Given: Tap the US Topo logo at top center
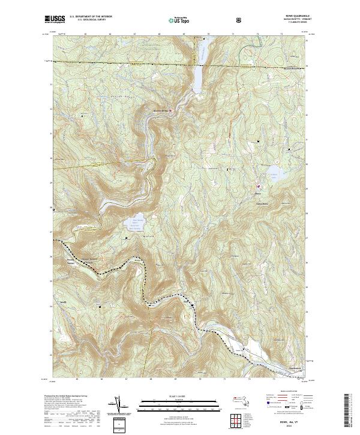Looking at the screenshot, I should click(x=178, y=20).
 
